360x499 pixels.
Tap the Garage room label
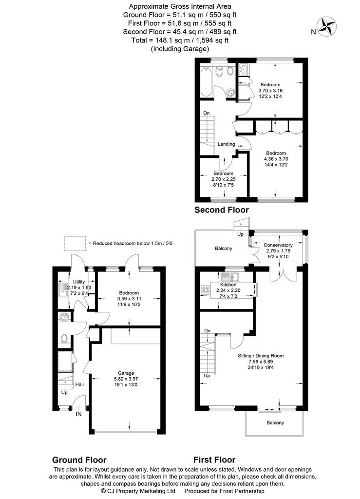point(126,373)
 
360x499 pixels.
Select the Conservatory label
point(278,245)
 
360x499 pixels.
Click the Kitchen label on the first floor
point(228,285)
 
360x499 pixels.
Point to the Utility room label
point(79,282)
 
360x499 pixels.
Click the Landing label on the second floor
point(226,144)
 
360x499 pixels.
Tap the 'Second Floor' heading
point(222,210)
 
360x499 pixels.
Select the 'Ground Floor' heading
point(79,460)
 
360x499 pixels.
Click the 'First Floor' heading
point(214,460)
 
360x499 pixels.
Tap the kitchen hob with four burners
point(206,290)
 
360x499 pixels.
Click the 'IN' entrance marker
point(78,414)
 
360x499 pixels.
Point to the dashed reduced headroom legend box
point(75,244)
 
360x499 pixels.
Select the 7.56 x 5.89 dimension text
point(261,362)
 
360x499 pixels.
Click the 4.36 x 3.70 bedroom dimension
point(276,159)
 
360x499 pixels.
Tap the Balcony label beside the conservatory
point(223,248)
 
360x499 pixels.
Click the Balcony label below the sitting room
point(275,422)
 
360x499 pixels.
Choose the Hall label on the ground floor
point(79,384)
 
